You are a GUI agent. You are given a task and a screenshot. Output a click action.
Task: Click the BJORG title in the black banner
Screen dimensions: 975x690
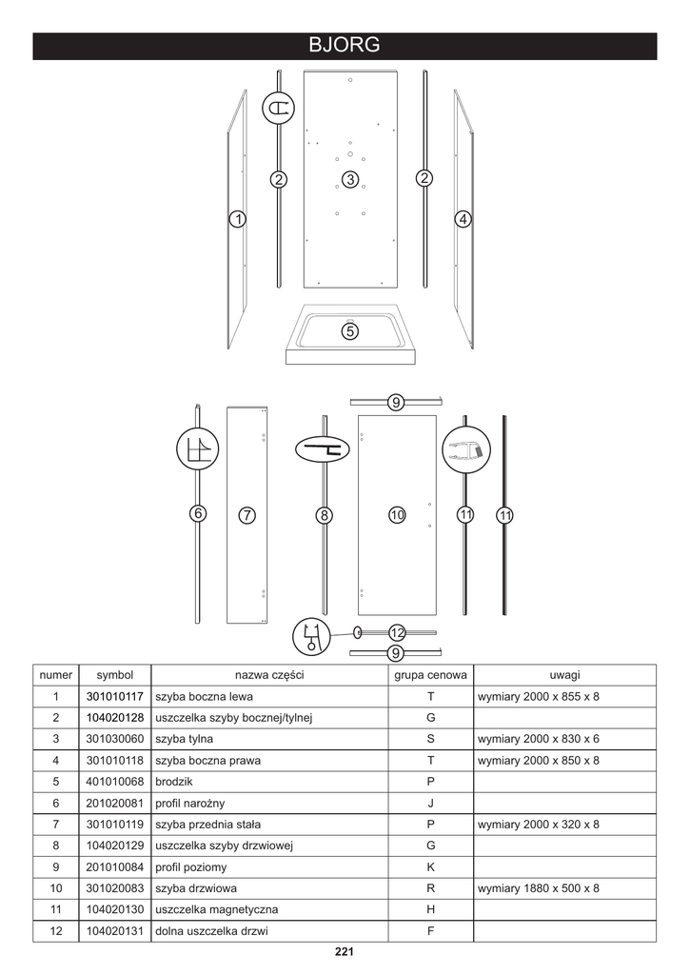pyautogui.click(x=345, y=46)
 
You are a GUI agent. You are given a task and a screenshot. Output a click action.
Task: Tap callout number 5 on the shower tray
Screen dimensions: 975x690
pyautogui.click(x=350, y=331)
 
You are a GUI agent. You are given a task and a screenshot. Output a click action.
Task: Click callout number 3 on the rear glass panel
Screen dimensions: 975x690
pyautogui.click(x=350, y=179)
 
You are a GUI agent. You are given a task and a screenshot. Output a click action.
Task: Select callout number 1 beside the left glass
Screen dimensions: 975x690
pyautogui.click(x=237, y=219)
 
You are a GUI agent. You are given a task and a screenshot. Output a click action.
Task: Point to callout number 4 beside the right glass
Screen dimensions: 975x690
pyautogui.click(x=463, y=219)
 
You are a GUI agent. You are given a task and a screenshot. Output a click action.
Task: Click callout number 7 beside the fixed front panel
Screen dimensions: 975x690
pyautogui.click(x=246, y=515)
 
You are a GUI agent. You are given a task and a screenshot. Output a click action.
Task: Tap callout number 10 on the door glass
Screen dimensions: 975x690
pyautogui.click(x=398, y=514)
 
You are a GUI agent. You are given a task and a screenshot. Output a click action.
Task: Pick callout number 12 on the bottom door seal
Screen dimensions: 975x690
pyautogui.click(x=397, y=632)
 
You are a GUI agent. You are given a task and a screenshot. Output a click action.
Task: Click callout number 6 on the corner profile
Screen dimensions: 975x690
pyautogui.click(x=198, y=513)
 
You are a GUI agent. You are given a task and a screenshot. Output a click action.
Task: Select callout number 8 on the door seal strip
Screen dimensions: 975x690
pyautogui.click(x=325, y=515)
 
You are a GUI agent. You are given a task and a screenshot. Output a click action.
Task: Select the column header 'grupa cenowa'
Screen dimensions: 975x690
pyautogui.click(x=430, y=675)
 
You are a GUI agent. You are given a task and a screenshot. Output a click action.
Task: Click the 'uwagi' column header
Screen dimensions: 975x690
pyautogui.click(x=564, y=675)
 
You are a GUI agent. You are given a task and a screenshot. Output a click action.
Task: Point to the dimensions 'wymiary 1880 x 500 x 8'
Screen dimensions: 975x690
pyautogui.click(x=539, y=888)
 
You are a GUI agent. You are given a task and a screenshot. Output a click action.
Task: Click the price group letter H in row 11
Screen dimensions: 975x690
pyautogui.click(x=430, y=910)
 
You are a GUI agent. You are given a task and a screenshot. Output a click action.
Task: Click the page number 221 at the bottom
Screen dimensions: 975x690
pyautogui.click(x=345, y=951)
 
